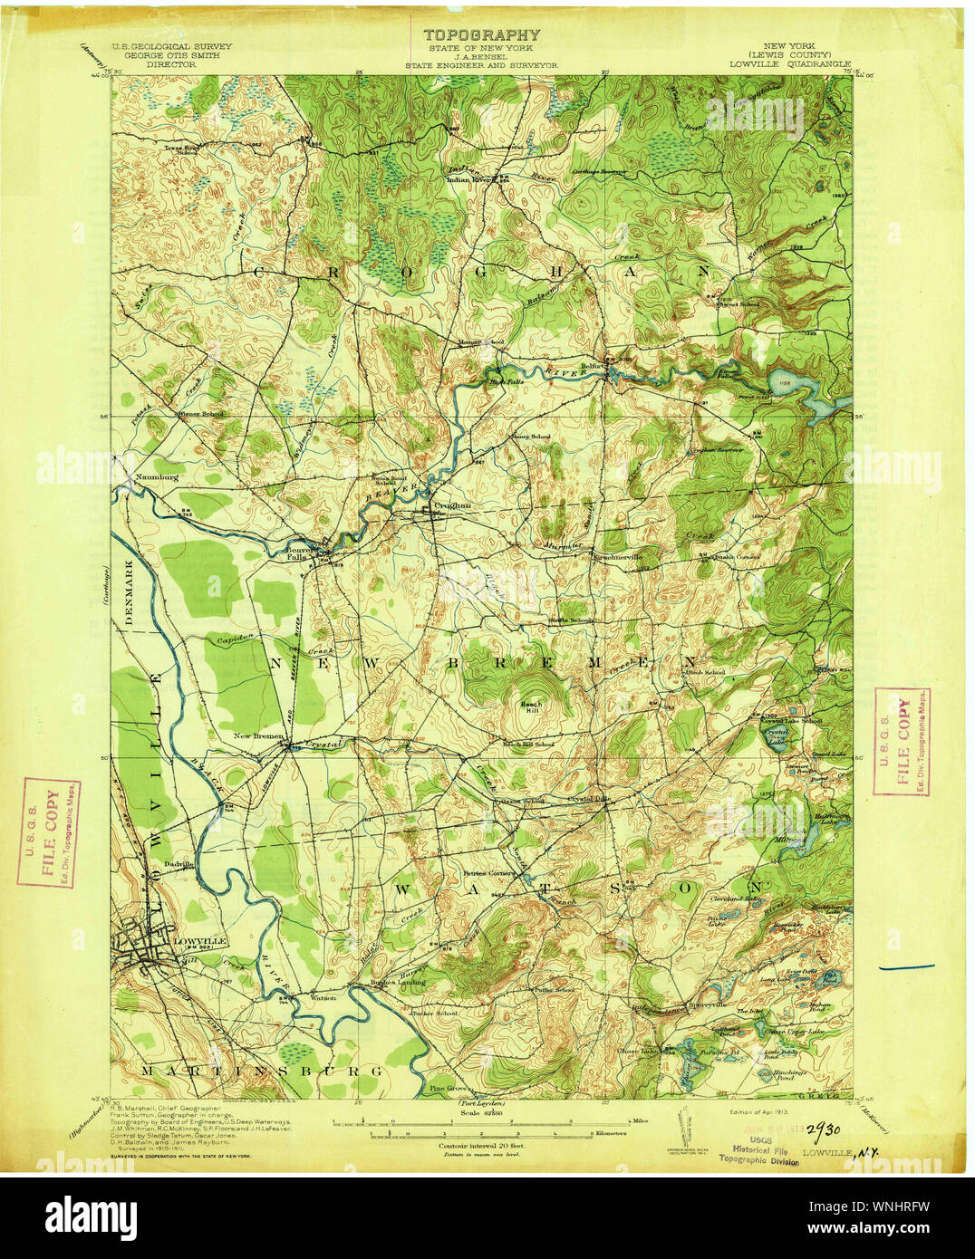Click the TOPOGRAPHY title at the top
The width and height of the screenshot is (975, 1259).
(481, 35)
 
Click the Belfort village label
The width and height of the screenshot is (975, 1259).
(592, 367)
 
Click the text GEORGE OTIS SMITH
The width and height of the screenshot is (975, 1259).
(170, 55)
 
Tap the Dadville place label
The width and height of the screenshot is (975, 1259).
(179, 864)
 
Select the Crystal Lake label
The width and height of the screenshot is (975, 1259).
(776, 735)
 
